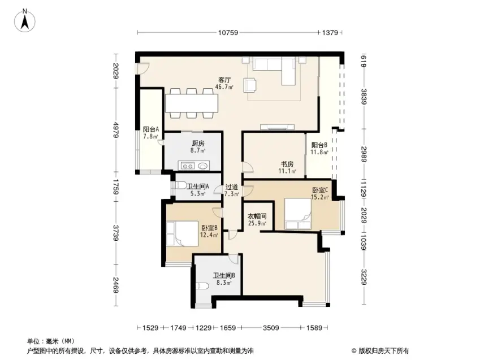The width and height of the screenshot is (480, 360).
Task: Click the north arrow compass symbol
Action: [x=25, y=20]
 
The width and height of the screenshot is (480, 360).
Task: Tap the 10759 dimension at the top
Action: [x=228, y=32]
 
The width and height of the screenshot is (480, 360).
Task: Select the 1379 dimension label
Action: [x=330, y=32]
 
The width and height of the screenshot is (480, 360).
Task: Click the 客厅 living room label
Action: [x=224, y=80]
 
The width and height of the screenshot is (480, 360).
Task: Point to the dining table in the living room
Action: [x=192, y=103]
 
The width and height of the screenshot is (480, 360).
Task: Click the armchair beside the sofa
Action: [x=250, y=85]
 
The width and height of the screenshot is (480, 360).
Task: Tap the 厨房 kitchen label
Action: [x=198, y=144]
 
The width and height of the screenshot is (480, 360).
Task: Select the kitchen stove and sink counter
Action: [x=194, y=166]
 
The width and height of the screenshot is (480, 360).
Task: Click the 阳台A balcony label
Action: [x=151, y=129]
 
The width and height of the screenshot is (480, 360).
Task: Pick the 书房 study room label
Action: [x=287, y=164]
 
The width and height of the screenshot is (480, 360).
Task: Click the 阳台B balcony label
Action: [x=319, y=145]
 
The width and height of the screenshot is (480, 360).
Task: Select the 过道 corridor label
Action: [x=232, y=186]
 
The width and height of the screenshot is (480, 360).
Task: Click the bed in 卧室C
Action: [x=298, y=214]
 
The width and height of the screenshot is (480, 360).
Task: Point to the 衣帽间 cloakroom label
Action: [x=257, y=216]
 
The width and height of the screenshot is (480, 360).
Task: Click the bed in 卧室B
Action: [x=183, y=233]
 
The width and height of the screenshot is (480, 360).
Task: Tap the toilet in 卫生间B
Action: [x=202, y=286]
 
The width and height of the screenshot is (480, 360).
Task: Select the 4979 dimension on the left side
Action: [x=116, y=130]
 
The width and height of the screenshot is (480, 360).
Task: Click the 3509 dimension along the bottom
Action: [x=271, y=328]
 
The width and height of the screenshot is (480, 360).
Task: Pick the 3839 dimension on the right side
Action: [x=364, y=97]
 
